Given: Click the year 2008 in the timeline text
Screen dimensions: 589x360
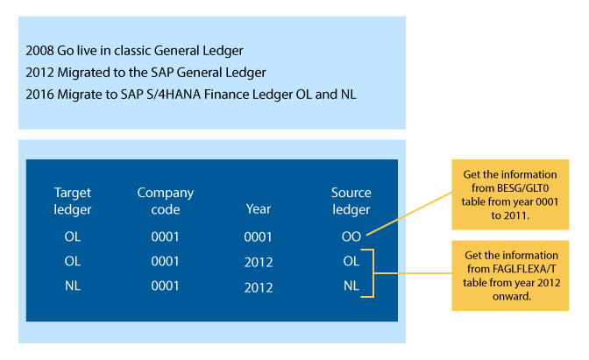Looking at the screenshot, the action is (x=39, y=50).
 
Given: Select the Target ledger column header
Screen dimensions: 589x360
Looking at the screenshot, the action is (x=73, y=201).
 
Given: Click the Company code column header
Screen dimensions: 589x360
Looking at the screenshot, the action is (x=166, y=201).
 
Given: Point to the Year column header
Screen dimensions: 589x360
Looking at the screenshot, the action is (x=259, y=208).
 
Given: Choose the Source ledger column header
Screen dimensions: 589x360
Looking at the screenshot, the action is (x=351, y=201).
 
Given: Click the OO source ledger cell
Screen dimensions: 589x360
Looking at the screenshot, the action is (x=351, y=236).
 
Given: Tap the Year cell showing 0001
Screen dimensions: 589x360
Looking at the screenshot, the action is (x=258, y=236).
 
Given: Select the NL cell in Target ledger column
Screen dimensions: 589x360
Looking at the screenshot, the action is (x=73, y=286).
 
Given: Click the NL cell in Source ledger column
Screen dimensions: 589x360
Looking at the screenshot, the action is (x=351, y=286).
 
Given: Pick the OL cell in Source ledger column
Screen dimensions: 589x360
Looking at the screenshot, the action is (x=351, y=261).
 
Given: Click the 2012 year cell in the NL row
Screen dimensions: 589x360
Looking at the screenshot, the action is (x=259, y=287).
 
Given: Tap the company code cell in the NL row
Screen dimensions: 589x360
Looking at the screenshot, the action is (x=165, y=286).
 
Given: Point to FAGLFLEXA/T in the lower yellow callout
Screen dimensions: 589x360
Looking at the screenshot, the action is (x=524, y=269).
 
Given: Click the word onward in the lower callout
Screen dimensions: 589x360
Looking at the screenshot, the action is (x=512, y=296).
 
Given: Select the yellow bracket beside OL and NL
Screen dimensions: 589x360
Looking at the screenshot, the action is (x=373, y=273).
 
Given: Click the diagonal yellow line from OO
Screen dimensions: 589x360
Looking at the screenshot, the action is (x=409, y=214).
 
